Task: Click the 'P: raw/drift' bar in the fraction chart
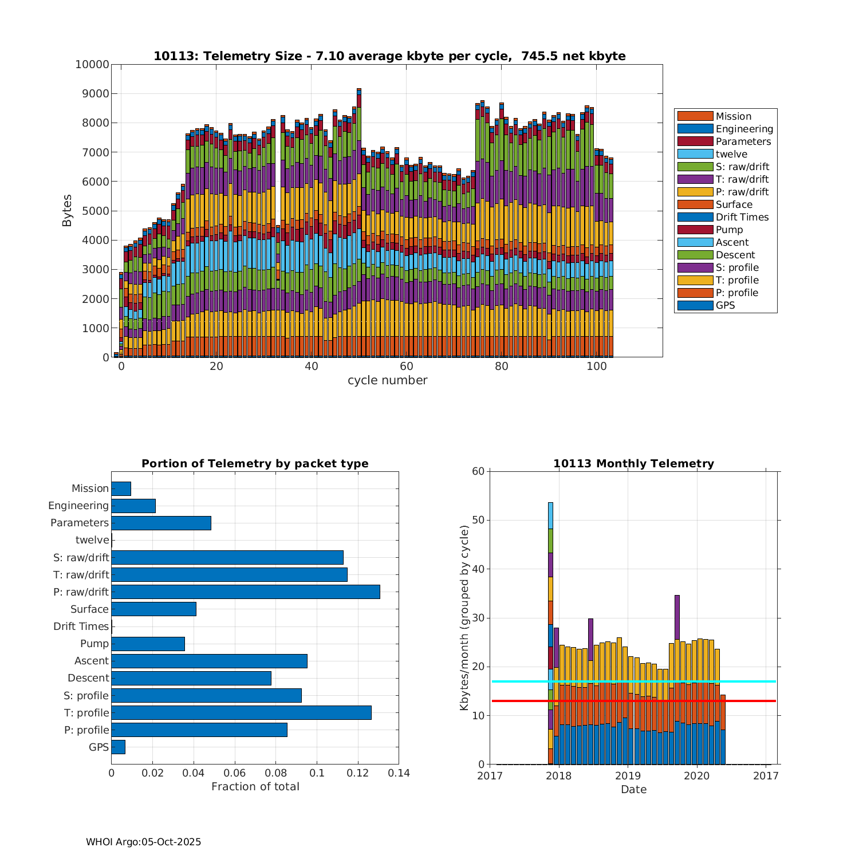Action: [x=245, y=592]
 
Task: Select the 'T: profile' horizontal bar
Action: [x=241, y=712]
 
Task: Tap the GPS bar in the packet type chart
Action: [x=118, y=747]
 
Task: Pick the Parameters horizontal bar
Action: [x=161, y=523]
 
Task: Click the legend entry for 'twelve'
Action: [x=731, y=154]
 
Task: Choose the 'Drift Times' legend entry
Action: [x=742, y=217]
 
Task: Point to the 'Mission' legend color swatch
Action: [x=695, y=116]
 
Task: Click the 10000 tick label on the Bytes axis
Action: [x=92, y=64]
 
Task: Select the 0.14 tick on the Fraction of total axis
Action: [x=399, y=773]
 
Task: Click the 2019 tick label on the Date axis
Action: [x=628, y=776]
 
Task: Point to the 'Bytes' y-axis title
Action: [x=67, y=211]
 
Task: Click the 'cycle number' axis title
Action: [x=387, y=380]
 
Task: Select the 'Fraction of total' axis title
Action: [x=255, y=787]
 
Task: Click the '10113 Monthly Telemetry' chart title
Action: [x=633, y=463]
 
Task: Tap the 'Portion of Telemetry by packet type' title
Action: [x=255, y=463]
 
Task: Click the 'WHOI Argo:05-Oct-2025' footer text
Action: [x=143, y=842]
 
